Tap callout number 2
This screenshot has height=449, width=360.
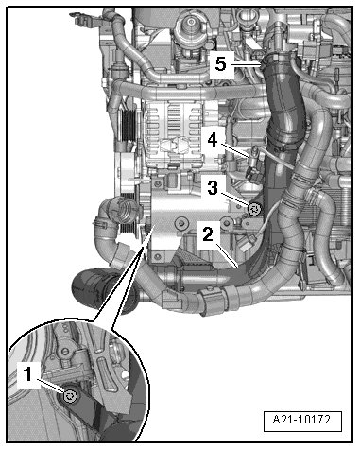208,234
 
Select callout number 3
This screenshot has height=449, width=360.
213,187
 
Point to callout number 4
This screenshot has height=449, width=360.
213,140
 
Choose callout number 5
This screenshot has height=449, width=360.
221,64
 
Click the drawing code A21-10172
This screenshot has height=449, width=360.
301,420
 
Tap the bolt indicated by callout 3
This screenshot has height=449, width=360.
254,209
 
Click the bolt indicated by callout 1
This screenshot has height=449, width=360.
69,396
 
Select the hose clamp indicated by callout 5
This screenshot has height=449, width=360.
277,59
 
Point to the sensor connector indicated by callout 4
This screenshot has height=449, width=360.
253,164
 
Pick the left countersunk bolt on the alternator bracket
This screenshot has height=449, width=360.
181,223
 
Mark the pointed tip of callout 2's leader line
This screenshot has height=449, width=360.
238,268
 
